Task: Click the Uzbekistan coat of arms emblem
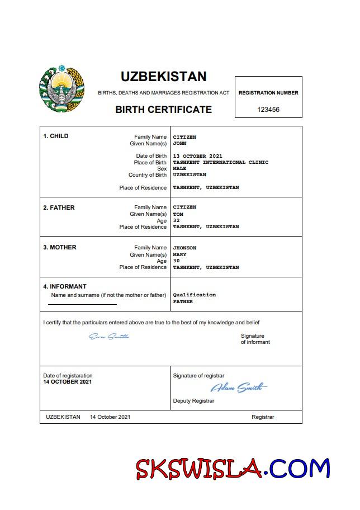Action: [61, 89]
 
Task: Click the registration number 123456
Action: [268, 110]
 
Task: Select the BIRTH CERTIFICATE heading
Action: [163, 110]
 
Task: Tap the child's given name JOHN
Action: [179, 143]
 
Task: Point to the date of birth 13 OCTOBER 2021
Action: [198, 156]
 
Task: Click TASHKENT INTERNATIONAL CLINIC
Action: [221, 162]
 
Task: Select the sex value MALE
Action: [179, 168]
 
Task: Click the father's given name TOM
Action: [178, 214]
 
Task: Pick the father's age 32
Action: [177, 220]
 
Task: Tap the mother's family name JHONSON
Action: [184, 248]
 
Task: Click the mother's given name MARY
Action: [179, 254]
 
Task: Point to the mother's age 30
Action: [177, 261]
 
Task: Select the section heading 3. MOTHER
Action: [60, 247]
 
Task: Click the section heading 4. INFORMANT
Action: [65, 286]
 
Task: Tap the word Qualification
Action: [194, 295]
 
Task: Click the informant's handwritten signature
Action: [109, 336]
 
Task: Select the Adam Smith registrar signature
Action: [239, 387]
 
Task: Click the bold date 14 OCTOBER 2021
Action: [68, 382]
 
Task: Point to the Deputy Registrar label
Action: [193, 400]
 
